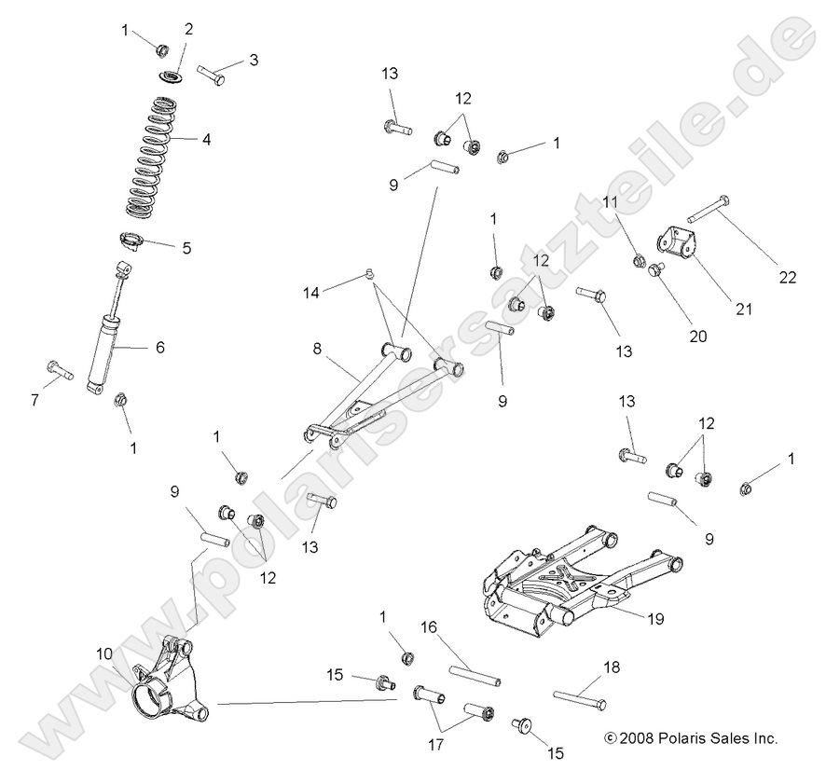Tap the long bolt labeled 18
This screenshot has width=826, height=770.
579,697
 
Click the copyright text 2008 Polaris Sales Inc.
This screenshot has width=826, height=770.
691,737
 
